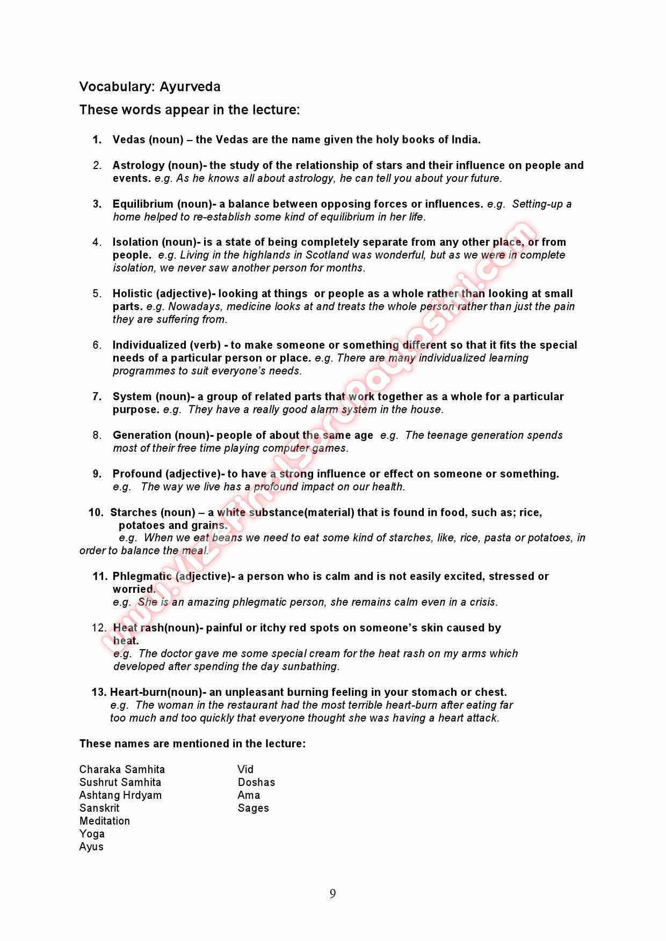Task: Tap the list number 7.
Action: (97, 396)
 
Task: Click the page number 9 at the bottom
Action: (332, 893)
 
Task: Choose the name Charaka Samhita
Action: (122, 769)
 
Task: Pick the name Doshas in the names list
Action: (256, 782)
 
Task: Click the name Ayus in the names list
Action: (91, 847)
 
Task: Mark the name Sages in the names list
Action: (253, 808)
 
